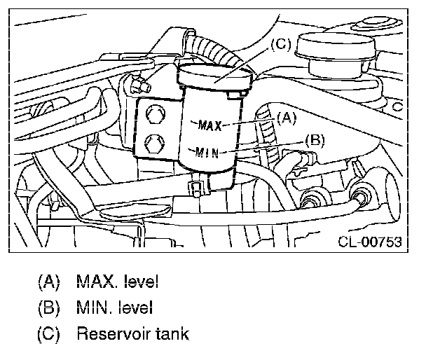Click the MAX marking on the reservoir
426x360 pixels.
tap(209, 125)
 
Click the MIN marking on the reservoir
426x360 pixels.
tap(207, 152)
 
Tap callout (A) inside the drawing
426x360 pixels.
tap(287, 118)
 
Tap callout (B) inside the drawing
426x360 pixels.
tap(315, 140)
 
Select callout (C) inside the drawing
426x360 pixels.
tap(281, 44)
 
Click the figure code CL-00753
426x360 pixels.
tap(370, 242)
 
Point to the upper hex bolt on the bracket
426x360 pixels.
tap(156, 114)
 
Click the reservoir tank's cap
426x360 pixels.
tap(214, 77)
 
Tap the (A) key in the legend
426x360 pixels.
tap(48, 282)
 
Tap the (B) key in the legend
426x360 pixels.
tap(48, 308)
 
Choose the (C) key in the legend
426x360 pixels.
tap(48, 334)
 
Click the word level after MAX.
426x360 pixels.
tap(141, 282)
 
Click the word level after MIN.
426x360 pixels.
tap(135, 307)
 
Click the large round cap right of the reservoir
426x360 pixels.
tap(336, 46)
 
